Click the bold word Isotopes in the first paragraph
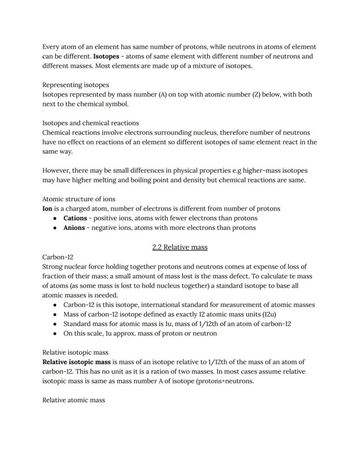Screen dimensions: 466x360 click(106, 56)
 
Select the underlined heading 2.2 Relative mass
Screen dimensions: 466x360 click(180, 247)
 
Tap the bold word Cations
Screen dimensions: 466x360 click(75, 218)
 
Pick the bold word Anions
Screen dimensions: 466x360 click(74, 228)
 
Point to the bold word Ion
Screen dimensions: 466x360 click(47, 208)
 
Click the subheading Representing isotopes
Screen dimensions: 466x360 click(75, 85)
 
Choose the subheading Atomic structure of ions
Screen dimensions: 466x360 click(79, 199)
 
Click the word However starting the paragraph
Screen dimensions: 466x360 click(56, 171)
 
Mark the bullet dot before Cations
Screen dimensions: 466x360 click(55, 218)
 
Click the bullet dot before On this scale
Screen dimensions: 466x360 click(55, 334)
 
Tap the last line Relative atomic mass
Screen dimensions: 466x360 click(73, 400)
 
